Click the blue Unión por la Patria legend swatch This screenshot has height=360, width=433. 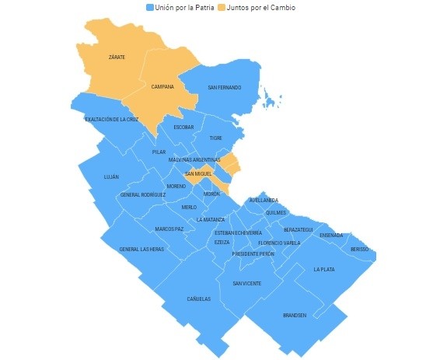[x=151, y=7]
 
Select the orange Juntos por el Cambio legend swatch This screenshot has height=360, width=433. [x=221, y=7]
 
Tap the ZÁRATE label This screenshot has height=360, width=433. [x=117, y=58]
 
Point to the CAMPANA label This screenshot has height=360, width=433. [x=162, y=86]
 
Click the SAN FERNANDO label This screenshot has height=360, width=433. [x=224, y=87]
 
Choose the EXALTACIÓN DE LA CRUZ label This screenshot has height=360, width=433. [x=112, y=119]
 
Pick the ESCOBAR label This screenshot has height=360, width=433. [x=184, y=127]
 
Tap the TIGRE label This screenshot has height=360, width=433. [x=215, y=138]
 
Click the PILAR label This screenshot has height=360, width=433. [x=159, y=152]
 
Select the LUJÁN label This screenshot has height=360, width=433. [x=111, y=177]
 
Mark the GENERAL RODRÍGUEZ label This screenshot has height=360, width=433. [x=142, y=194]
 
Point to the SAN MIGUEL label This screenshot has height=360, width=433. [x=199, y=174]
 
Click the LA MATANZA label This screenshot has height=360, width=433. [x=211, y=219]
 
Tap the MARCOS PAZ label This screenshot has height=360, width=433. [x=169, y=229]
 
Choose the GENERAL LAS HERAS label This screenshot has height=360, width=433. [x=141, y=249]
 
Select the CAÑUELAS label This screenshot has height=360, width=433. [x=199, y=299]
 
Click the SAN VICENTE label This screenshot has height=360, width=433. [x=247, y=283]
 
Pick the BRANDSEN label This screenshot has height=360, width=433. [x=295, y=315]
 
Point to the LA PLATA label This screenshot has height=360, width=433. [x=323, y=269]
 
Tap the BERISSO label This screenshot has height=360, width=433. [x=359, y=249]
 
